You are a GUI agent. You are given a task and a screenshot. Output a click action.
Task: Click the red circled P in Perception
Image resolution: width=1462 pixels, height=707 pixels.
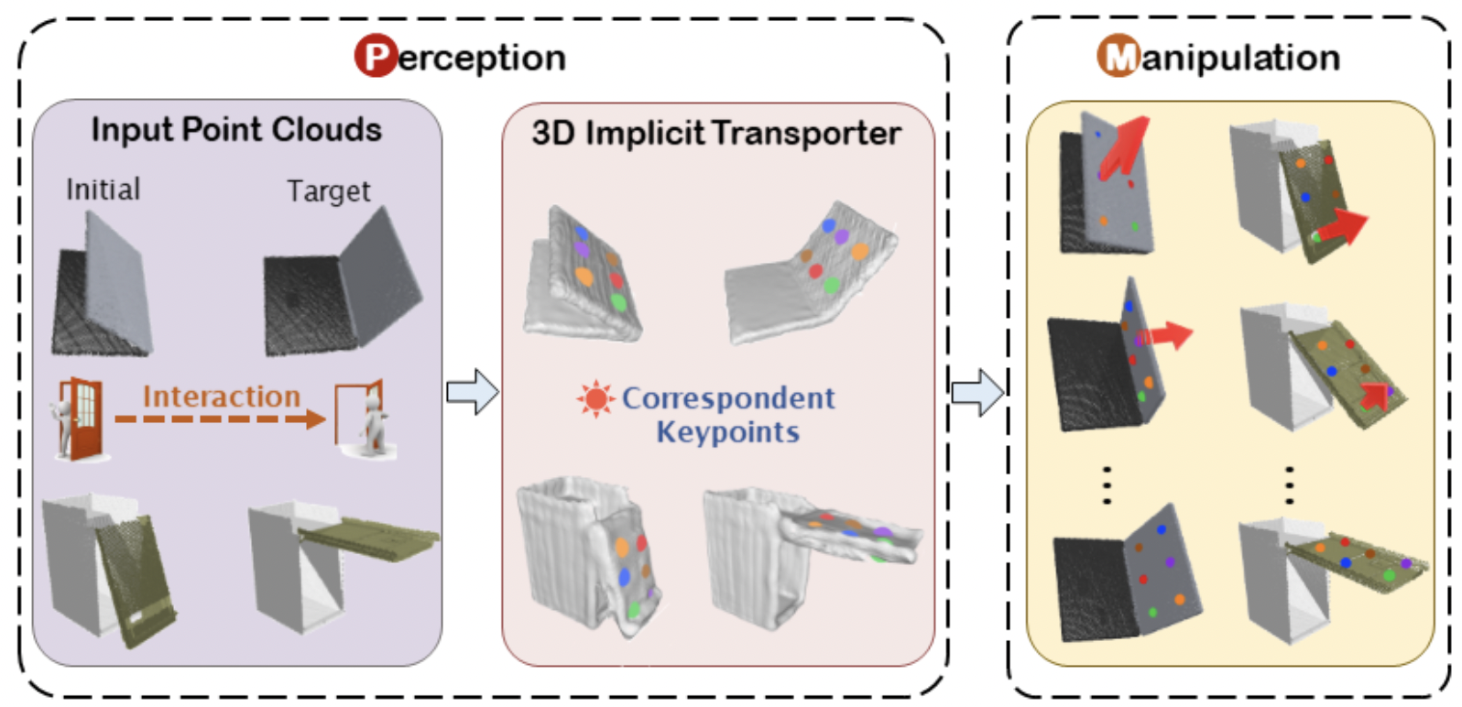376,56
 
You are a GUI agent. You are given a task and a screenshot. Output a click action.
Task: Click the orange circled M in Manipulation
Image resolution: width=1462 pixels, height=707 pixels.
1118,56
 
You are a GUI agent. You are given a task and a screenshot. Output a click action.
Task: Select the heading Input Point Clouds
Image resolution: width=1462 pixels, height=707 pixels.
236,130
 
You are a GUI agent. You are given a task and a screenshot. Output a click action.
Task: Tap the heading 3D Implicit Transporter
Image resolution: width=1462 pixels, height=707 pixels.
716,134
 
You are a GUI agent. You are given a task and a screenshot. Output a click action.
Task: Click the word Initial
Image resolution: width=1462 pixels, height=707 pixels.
104,190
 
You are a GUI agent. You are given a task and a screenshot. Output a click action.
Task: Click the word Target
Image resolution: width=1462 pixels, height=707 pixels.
329,191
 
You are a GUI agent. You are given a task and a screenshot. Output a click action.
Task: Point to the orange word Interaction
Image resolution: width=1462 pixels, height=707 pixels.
222,397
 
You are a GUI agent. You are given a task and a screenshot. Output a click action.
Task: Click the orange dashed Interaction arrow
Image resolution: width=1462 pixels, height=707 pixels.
220,419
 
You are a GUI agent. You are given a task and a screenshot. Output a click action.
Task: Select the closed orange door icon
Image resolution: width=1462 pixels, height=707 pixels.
80,419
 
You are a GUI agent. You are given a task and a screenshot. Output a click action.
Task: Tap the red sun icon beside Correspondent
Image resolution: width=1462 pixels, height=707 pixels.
595,399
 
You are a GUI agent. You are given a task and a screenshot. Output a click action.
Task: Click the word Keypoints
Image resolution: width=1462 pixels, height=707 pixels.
727,432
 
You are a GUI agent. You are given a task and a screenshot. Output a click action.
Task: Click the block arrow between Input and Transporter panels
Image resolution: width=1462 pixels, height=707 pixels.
472,392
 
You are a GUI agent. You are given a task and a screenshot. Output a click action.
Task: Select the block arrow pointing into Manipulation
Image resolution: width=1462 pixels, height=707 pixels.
977,393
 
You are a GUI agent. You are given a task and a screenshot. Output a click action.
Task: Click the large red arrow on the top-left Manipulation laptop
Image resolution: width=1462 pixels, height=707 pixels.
1123,146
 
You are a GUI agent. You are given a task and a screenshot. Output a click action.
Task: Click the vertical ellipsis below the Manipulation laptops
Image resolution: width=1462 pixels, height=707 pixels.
1107,485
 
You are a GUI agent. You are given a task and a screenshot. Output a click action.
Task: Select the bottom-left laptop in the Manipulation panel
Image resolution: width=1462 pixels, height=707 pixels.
1127,577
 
